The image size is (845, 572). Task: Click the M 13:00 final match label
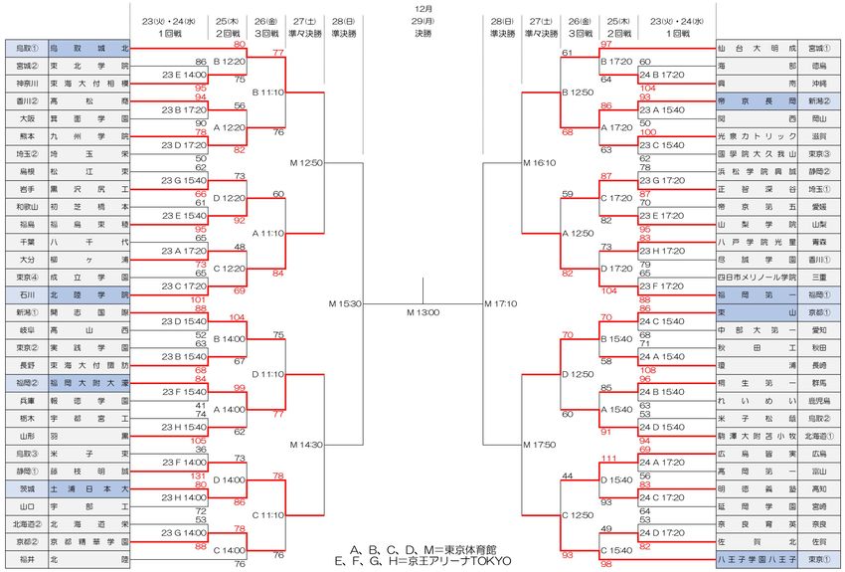[422, 312]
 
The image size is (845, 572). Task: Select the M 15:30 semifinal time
[345, 303]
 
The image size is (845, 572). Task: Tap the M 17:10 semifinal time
[500, 303]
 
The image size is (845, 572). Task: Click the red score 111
[609, 457]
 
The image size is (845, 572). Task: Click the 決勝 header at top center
[422, 34]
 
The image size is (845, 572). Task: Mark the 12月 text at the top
[422, 7]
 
